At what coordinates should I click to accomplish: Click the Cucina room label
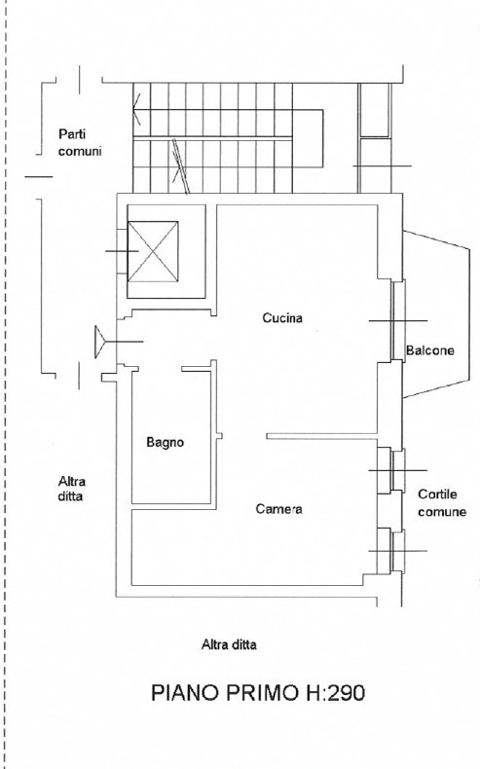282,317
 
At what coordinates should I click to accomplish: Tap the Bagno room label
166,442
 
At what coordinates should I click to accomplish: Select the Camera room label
278,509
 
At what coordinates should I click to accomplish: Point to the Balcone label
430,350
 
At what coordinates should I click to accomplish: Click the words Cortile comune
442,502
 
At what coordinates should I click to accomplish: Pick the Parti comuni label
80,142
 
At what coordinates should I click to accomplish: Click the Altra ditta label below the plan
229,644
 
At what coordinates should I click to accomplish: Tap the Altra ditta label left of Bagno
72,489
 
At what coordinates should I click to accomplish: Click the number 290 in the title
347,693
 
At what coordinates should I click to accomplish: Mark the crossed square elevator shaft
153,251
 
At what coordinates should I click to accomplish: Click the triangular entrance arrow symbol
101,342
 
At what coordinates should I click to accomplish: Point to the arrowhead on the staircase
136,109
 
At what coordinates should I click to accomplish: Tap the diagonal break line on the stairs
180,166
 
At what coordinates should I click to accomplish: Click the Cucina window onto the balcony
397,320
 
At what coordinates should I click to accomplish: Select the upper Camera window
397,470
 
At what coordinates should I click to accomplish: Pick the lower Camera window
397,550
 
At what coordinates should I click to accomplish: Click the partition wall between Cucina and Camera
321,436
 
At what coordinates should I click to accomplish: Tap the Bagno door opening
160,369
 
